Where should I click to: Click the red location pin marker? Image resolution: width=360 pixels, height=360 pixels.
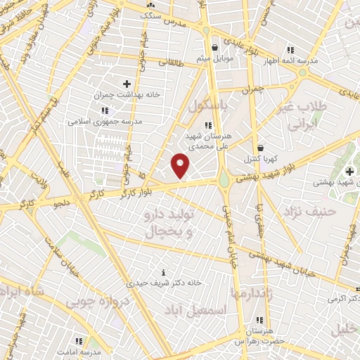181,165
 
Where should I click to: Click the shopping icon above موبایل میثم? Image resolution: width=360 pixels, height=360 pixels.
215,48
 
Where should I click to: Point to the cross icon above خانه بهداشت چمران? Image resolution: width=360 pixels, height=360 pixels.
127,84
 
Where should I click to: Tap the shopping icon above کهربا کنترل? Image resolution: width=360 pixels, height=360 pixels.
261,148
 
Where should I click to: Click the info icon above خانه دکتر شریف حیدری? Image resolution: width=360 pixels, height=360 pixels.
164,272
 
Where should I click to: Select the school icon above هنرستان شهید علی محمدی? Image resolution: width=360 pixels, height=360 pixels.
207,125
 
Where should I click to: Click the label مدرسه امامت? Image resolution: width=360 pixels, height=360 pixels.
79,351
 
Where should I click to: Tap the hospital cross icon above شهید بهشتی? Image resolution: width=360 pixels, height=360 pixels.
349,172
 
